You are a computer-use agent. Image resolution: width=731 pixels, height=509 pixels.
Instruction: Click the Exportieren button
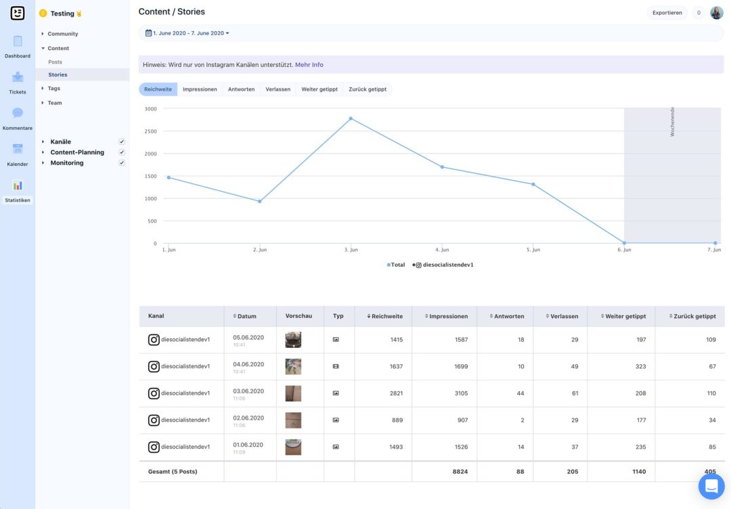pos(667,13)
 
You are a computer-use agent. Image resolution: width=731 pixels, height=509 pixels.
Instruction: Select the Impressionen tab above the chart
pos(200,89)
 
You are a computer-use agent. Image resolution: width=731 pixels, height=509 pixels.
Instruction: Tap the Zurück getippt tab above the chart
pos(368,89)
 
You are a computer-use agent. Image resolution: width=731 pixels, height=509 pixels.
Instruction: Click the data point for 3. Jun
pos(351,118)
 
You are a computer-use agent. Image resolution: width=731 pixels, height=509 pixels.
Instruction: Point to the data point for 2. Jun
pos(259,201)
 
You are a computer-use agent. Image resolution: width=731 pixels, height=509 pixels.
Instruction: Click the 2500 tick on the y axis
pos(150,131)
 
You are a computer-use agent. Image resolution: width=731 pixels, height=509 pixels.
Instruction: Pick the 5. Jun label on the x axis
pos(533,250)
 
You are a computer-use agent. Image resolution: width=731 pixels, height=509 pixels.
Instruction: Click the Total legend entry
pos(397,265)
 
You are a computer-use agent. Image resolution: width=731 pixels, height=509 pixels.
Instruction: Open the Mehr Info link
pos(309,65)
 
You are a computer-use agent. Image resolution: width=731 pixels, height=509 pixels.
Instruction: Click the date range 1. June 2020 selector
pos(187,33)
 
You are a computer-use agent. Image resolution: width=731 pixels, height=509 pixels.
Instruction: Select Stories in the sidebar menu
pos(58,74)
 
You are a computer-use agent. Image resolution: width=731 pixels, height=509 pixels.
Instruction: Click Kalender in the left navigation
pos(18,154)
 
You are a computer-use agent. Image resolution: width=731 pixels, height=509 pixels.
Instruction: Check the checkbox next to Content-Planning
pos(122,152)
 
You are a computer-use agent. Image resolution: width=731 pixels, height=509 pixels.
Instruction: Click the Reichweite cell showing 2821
pos(396,393)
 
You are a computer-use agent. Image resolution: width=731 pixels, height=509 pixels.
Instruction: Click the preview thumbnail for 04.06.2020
pos(293,366)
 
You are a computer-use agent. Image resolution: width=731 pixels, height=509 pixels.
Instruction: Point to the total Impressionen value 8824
pos(460,471)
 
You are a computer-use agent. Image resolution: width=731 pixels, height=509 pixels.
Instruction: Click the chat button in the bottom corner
pos(711,486)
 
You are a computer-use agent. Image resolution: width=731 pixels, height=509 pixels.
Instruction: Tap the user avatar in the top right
pos(717,13)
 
